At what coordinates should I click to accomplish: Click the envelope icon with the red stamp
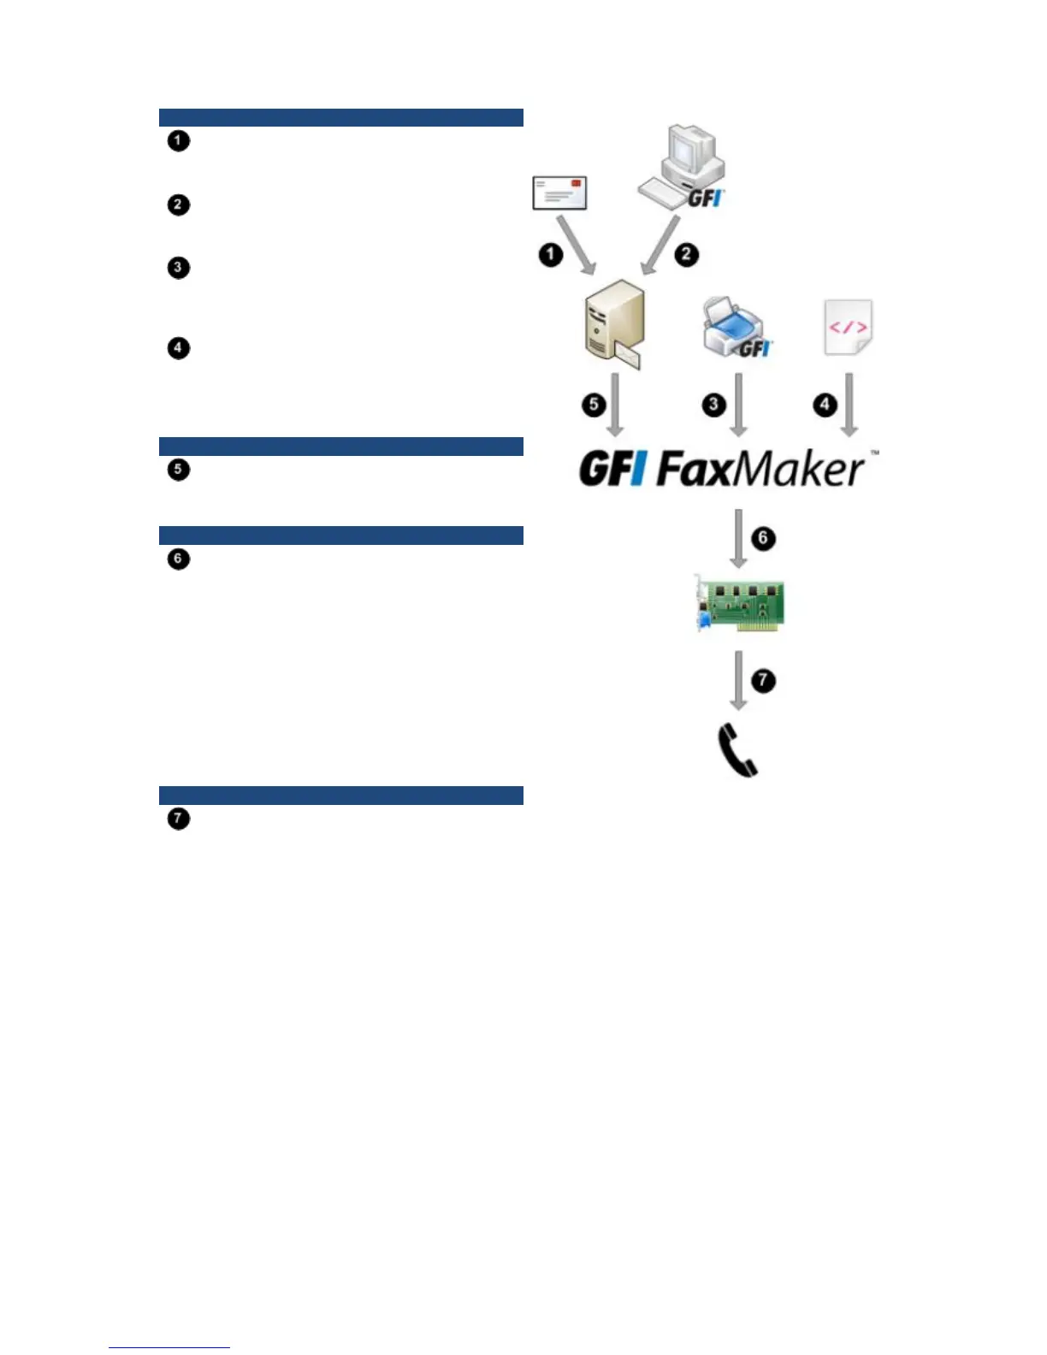tap(559, 192)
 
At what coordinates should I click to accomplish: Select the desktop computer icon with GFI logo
tap(681, 166)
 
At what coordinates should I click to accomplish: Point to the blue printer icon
tap(735, 328)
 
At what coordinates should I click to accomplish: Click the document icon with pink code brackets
tap(848, 327)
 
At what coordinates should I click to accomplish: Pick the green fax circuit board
tap(740, 603)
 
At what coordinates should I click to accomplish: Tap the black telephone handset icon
tap(736, 749)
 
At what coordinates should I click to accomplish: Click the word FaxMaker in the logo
tap(760, 469)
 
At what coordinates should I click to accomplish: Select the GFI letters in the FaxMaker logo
tap(612, 469)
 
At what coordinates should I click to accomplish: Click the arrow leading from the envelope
tap(577, 246)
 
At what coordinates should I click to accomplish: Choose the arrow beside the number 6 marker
tap(738, 537)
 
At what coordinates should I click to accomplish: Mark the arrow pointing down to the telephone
tap(738, 680)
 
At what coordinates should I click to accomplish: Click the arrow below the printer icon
tap(739, 404)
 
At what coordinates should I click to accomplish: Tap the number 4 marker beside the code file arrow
tap(825, 404)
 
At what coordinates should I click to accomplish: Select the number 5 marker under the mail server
tap(594, 404)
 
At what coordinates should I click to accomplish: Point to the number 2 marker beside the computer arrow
tap(686, 254)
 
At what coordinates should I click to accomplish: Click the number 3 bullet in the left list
tap(178, 268)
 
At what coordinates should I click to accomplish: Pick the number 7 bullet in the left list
tap(178, 819)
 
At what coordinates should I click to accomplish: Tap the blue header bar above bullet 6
tap(340, 535)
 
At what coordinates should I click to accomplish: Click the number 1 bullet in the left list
tap(178, 140)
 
